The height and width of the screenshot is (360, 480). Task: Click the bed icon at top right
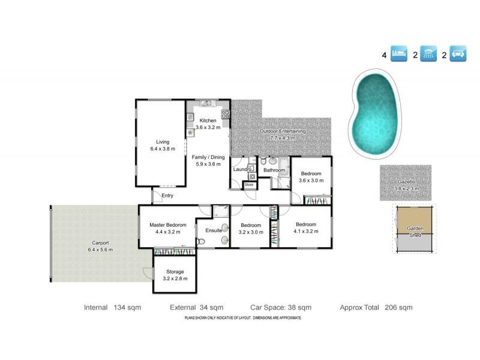tap(399, 53)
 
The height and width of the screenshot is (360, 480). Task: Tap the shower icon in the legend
tap(428, 53)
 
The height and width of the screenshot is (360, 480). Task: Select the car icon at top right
tap(458, 53)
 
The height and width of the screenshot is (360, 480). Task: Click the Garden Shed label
tap(415, 232)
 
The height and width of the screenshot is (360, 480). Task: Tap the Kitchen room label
tap(208, 121)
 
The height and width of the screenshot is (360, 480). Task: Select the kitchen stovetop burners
tap(226, 114)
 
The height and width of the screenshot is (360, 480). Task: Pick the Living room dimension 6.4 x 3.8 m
tap(163, 149)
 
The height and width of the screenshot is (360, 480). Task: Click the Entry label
tap(167, 196)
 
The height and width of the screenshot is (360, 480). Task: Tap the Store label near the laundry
tap(249, 185)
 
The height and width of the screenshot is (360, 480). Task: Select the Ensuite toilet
tap(201, 242)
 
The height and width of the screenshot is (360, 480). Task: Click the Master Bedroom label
tap(168, 225)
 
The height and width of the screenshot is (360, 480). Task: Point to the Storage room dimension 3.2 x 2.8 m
tap(175, 278)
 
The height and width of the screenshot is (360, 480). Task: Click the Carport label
tap(100, 243)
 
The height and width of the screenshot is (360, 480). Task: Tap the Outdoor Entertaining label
tap(283, 131)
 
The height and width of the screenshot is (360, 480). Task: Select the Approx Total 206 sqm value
tap(398, 307)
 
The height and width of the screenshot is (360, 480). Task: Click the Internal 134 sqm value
tap(127, 307)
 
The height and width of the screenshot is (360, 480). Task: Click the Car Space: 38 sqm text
tap(281, 307)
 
